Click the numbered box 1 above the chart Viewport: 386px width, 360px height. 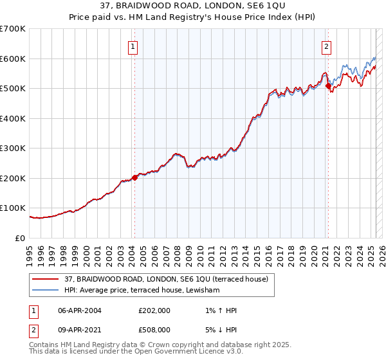[x=133, y=46]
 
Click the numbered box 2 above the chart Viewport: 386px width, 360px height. [x=327, y=46]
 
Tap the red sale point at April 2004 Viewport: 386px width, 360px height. [x=134, y=177]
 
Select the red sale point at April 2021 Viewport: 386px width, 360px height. [x=328, y=85]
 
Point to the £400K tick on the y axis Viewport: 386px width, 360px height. [x=13, y=118]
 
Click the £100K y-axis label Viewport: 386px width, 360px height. [x=13, y=208]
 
